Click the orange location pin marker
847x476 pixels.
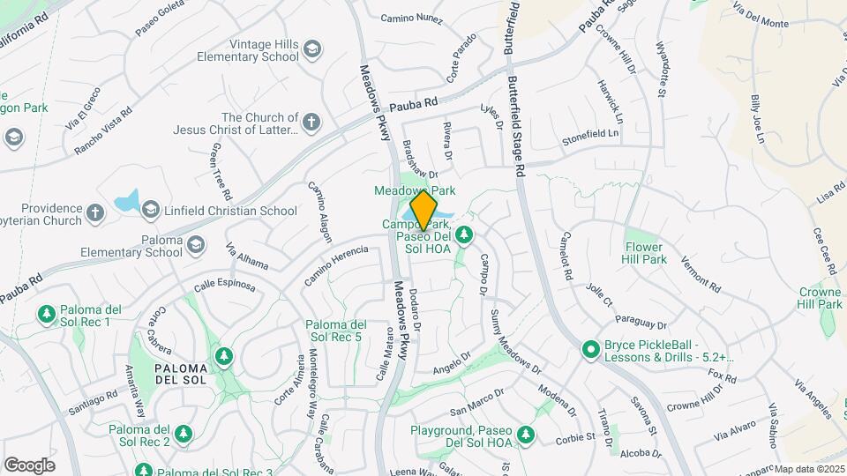coord(424,210)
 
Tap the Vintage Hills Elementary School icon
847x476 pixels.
coord(311,50)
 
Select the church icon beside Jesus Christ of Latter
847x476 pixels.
coord(311,123)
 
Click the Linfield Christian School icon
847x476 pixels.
coord(150,210)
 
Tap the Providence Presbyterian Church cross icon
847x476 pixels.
coord(95,212)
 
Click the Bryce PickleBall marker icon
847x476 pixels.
coord(590,350)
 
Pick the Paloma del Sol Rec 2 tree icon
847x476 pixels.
coord(184,434)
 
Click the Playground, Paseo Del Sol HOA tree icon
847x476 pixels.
coord(526,435)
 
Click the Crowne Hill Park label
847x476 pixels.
coord(820,298)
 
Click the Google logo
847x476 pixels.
coord(29,465)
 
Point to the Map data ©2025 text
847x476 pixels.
coord(809,469)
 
